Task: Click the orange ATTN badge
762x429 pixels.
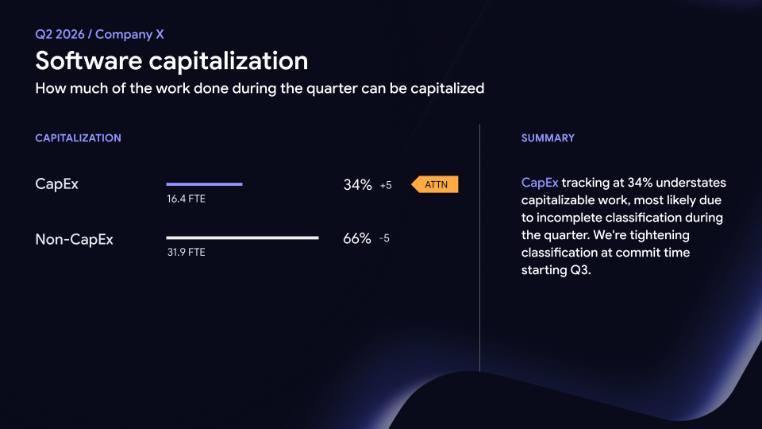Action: (435, 184)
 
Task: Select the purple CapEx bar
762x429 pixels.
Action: (204, 184)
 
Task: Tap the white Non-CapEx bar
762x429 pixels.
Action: (243, 238)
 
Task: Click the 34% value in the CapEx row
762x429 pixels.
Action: (358, 185)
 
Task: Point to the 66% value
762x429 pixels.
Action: (357, 238)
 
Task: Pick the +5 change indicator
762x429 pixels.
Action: (386, 185)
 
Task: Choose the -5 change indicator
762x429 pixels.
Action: (384, 238)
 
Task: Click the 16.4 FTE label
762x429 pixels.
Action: (186, 199)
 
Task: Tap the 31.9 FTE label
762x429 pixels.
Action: (186, 253)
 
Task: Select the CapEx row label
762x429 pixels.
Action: (57, 184)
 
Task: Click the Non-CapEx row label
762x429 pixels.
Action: (75, 239)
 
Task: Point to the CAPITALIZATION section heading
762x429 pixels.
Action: (79, 138)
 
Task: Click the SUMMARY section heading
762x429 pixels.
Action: (548, 138)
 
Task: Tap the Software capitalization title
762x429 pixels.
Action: (171, 61)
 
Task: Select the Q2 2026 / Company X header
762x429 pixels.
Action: (100, 34)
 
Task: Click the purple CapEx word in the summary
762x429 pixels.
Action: (540, 183)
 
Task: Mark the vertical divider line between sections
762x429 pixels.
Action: (479, 248)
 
